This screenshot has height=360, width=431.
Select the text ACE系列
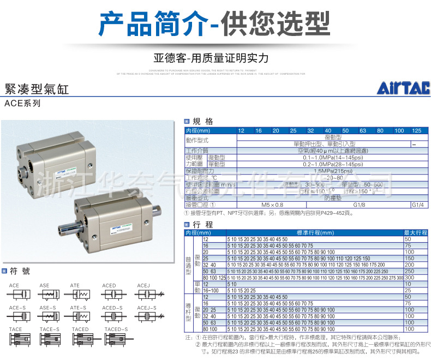22,103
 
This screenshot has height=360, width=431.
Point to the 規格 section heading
203,122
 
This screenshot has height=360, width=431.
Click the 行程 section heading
203,225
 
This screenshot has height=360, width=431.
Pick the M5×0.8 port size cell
272,205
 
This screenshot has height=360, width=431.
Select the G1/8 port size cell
360,205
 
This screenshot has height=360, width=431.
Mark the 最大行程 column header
415,233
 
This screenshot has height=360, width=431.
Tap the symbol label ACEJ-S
147,308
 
